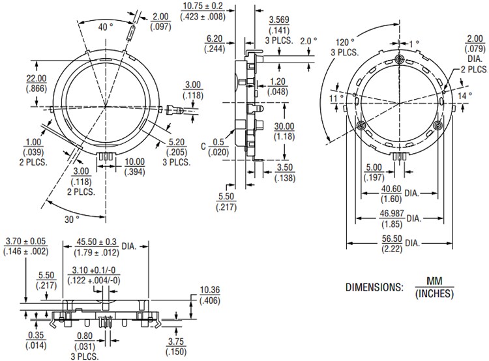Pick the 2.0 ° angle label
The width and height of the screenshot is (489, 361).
tap(309, 40)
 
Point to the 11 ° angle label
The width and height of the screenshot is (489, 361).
tap(336, 98)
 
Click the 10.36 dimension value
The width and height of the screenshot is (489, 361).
tap(209, 289)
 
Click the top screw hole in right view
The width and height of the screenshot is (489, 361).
tap(400, 60)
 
